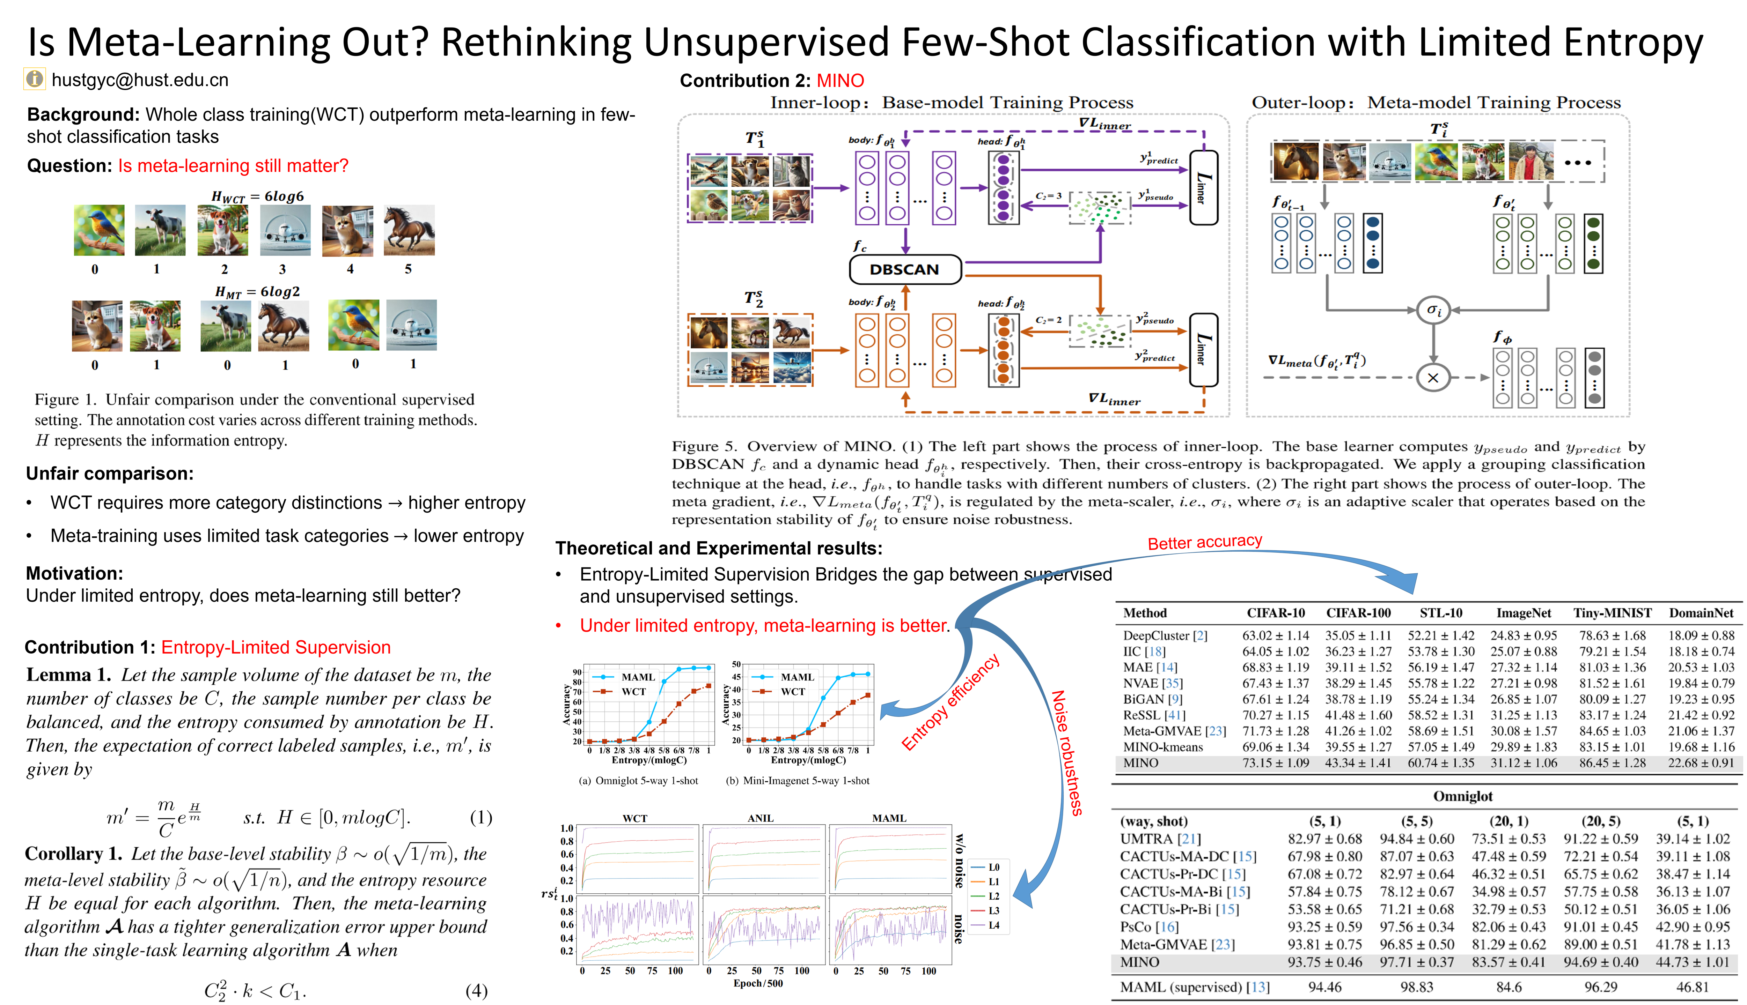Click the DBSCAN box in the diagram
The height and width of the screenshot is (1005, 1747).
coord(904,269)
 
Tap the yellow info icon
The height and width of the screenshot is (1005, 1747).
coord(35,79)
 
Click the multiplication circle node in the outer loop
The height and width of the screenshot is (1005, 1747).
coord(1433,378)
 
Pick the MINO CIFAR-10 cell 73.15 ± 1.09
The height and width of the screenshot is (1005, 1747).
coord(1275,763)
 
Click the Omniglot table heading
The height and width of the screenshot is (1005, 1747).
coord(1462,796)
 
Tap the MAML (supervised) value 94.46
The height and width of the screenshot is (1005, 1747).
coord(1324,987)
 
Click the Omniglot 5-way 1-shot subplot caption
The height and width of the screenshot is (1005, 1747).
coord(638,781)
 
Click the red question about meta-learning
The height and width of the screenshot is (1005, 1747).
coord(233,166)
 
